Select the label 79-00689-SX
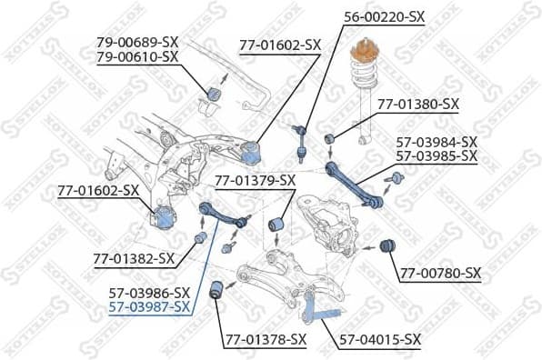pos(137,42)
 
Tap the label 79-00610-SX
pos(137,56)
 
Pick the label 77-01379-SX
pos(255,180)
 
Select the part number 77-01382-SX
pos(134,259)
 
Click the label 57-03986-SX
pos(149,292)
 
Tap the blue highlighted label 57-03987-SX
pos(149,307)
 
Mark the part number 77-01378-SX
pos(265,340)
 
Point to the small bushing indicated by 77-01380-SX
pos(332,138)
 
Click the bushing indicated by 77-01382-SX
pos(201,238)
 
